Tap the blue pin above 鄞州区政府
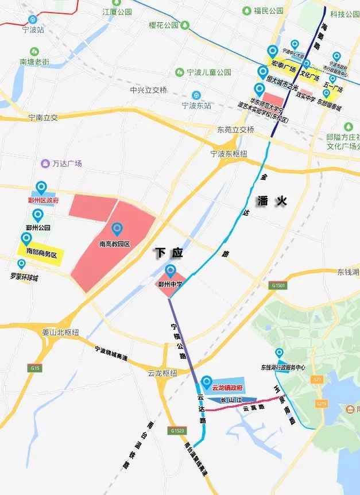pos(41,188)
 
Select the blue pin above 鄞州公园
pos(38,216)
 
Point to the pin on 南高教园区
pos(117,230)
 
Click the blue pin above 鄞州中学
pos(170,271)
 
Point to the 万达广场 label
pos(67,163)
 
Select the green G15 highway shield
pos(36,368)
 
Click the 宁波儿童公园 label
pos(209,72)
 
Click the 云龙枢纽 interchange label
pos(162,373)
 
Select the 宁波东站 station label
pos(196,105)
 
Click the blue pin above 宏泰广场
pos(272,53)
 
